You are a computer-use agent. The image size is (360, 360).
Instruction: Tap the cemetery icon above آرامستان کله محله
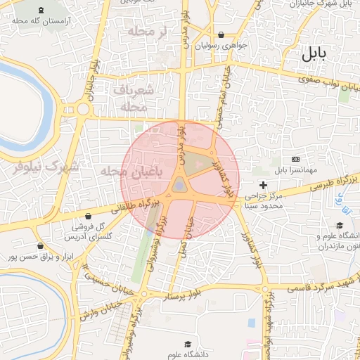point(40,10)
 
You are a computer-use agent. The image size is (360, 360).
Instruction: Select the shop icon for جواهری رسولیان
point(221,34)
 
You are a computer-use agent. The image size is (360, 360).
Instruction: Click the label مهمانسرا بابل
point(290,169)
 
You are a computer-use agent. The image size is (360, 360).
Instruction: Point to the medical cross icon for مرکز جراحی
point(264,184)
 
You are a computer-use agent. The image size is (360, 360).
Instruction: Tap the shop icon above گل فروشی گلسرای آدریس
point(88,216)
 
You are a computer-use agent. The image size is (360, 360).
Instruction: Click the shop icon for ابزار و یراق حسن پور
point(41,246)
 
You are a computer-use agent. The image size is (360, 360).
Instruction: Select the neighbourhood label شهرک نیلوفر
point(43,167)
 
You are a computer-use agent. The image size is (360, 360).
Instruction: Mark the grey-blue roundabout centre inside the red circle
point(180,185)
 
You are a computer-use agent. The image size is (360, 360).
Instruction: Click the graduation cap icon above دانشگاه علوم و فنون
point(340,225)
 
